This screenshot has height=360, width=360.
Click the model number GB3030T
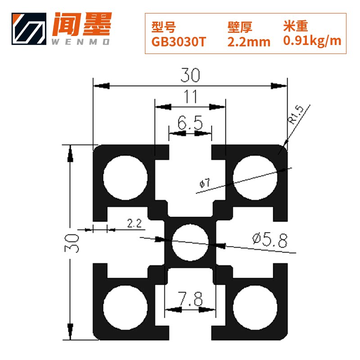pos(179,42)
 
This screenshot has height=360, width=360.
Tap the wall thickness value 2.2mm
pos(249,42)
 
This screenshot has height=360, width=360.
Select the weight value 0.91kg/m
pos(312,41)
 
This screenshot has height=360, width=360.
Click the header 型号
pos(162,27)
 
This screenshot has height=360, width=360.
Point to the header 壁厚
pos(239,27)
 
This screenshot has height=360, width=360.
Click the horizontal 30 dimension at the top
pos(190,76)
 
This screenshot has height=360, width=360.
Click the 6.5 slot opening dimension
pos(190,123)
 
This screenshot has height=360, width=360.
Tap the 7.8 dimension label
pos(190,298)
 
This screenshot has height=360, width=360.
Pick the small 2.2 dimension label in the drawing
pos(135,223)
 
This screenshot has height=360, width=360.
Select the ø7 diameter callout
pos(204,183)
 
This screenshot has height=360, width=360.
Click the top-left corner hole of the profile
pos(126,178)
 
